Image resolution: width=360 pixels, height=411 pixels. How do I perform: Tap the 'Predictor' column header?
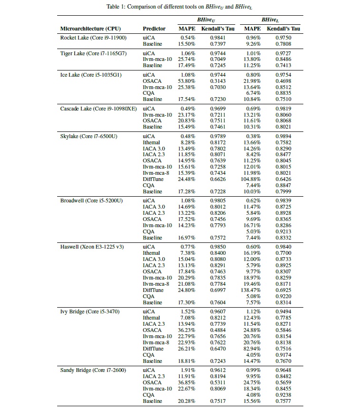pos(154,29)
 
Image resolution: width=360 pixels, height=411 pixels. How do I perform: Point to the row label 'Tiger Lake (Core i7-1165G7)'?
pos(93,53)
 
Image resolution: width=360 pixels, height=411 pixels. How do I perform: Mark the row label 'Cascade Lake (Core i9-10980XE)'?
pos(98,109)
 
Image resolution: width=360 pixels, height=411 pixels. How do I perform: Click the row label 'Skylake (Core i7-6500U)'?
pos(89,136)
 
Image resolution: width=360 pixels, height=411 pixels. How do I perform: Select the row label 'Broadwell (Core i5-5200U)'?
pos(91,200)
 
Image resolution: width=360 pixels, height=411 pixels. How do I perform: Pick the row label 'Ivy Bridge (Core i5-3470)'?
pos(90,311)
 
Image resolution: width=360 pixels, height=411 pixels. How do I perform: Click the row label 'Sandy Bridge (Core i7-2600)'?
pos(93,370)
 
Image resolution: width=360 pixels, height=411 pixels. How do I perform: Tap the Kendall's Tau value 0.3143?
pos(215,81)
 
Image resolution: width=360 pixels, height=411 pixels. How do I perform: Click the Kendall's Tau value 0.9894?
pos(284,136)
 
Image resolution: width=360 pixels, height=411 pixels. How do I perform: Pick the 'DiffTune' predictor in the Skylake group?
pos(153,179)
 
